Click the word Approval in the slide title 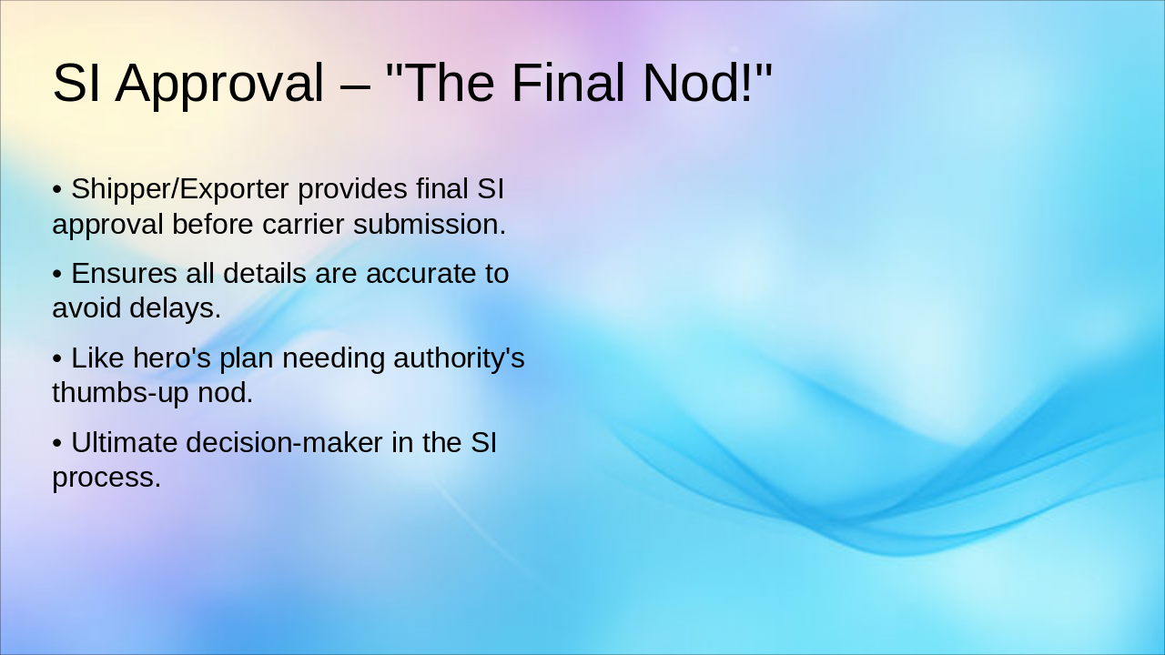(218, 83)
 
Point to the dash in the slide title (355, 85)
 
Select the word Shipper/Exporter (180, 189)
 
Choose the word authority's (459, 358)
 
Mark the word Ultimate (125, 443)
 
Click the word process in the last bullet (106, 479)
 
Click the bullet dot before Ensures (56, 274)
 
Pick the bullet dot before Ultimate (56, 444)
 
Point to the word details (265, 273)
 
